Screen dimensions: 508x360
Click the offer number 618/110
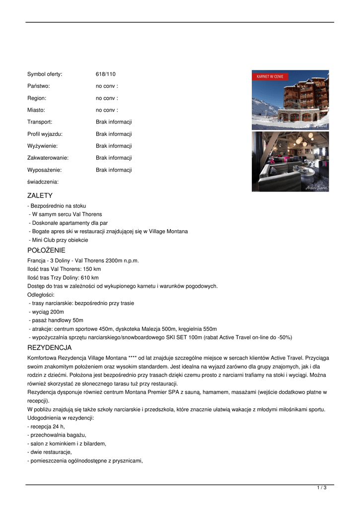coord(105,74)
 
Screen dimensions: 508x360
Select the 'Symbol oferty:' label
coord(45,74)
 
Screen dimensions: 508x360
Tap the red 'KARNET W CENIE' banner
coord(270,77)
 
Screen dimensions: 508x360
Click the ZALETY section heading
coord(40,195)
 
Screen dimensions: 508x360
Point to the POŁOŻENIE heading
coord(46,251)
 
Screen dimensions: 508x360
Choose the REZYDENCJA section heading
coord(50,347)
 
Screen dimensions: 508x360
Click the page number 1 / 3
coord(322,488)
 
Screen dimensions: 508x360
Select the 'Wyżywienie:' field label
coord(43,146)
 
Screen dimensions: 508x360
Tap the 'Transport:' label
coord(40,122)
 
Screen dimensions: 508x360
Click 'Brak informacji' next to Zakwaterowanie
coord(114,158)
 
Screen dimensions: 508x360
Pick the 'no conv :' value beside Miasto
coord(107,110)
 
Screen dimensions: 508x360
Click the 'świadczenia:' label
coord(43,182)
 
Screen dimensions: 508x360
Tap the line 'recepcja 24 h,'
coord(46,427)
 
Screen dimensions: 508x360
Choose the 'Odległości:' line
coord(41,295)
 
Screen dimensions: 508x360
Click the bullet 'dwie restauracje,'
coord(50,452)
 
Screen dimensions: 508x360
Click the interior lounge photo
coord(290,161)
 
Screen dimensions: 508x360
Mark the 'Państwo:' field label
coord(38,86)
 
